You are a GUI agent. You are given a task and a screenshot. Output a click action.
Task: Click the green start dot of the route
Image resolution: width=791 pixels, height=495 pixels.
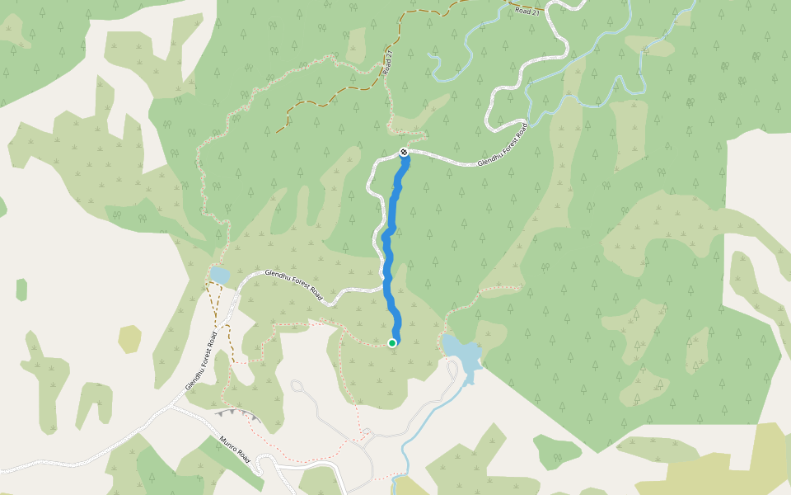392,342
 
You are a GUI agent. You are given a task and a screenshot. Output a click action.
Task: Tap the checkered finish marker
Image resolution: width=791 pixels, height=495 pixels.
404,152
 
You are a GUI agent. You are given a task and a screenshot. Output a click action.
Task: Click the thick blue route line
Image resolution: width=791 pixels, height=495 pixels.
387,247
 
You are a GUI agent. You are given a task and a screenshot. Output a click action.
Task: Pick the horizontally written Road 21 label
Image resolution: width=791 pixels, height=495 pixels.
525,10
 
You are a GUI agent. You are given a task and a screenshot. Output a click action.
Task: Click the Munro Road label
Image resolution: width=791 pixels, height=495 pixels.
234,450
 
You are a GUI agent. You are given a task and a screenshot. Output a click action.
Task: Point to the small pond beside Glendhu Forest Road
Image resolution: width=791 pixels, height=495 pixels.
219,274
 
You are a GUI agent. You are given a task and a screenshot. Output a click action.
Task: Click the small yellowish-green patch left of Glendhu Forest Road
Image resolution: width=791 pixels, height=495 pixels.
129,338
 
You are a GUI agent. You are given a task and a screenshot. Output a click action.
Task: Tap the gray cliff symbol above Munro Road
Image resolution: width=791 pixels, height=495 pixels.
232,412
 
